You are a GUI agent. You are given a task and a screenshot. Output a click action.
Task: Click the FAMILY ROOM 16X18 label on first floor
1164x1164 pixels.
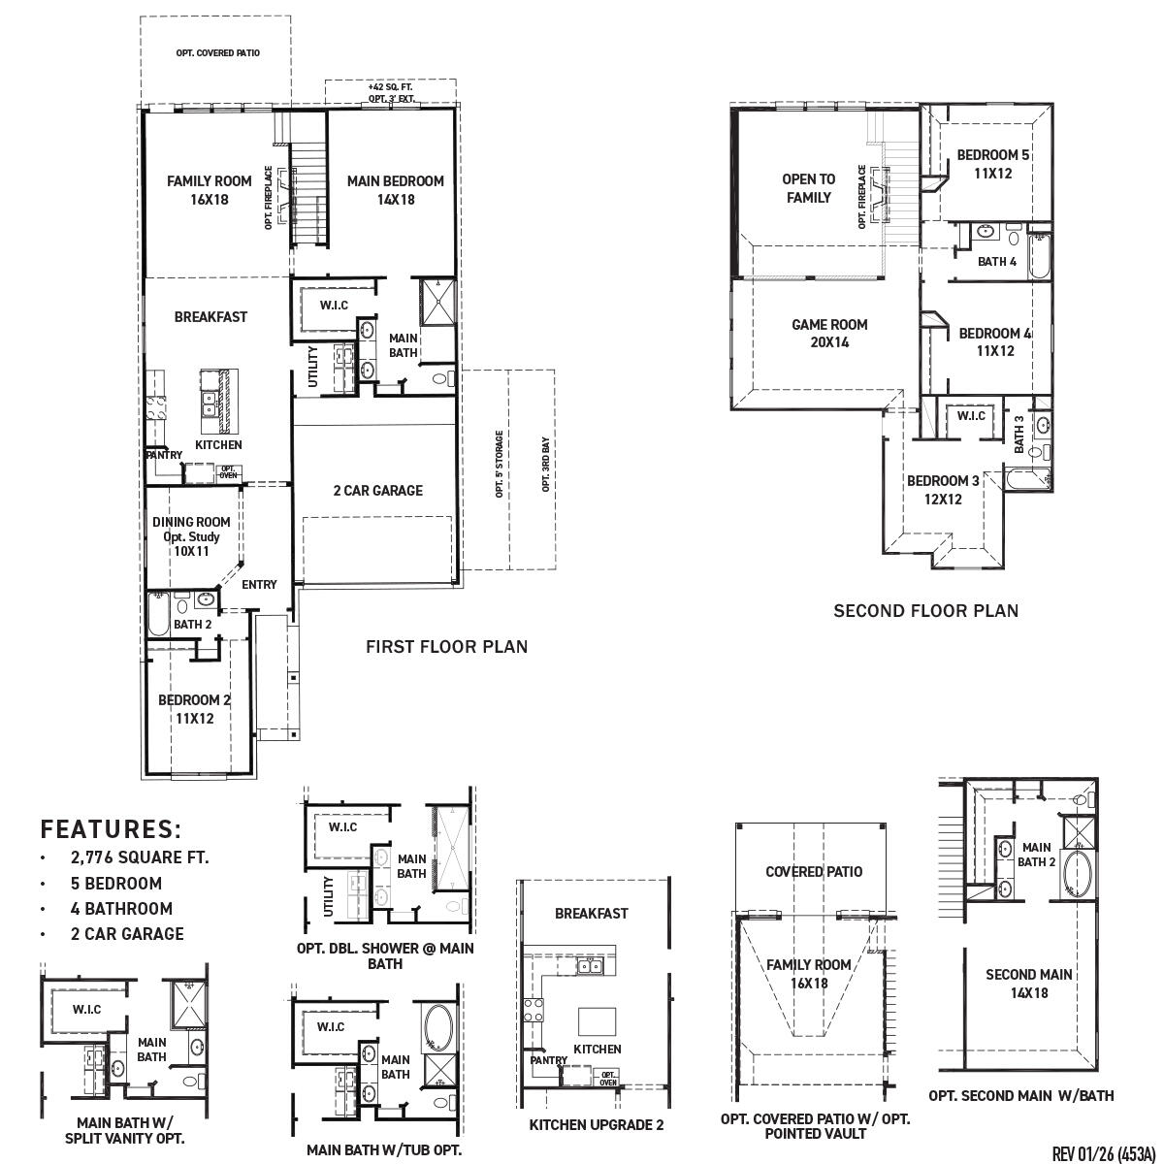click(209, 190)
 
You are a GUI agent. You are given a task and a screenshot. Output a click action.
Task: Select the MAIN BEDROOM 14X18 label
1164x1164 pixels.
click(395, 190)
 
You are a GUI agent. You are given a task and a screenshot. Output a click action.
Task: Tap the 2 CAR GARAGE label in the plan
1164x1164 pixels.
click(377, 491)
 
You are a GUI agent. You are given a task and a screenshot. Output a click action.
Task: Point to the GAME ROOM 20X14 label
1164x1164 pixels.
click(828, 333)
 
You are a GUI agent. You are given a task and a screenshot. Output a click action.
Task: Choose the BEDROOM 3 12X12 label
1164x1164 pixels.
click(942, 490)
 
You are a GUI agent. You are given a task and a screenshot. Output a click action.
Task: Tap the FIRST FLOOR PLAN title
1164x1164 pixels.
click(446, 647)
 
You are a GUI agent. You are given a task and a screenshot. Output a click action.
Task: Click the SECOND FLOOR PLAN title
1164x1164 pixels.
click(925, 610)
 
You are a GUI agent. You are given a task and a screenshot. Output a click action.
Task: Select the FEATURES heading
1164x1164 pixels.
click(111, 829)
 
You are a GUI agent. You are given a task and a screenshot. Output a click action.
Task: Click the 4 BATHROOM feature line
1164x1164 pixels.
click(121, 909)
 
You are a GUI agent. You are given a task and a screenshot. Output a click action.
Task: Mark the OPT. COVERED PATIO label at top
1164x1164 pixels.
click(217, 53)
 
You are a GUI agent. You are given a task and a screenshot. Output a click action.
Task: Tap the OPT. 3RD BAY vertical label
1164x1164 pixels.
click(546, 466)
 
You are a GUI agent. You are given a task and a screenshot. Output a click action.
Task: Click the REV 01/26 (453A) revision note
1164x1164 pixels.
click(1103, 1153)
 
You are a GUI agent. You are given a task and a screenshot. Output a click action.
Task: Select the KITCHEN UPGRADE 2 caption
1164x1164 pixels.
click(597, 1125)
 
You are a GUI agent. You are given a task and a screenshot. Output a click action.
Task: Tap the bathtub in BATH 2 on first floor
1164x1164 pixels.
click(158, 615)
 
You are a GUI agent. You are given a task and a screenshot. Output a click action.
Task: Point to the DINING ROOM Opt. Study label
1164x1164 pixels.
click(191, 536)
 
